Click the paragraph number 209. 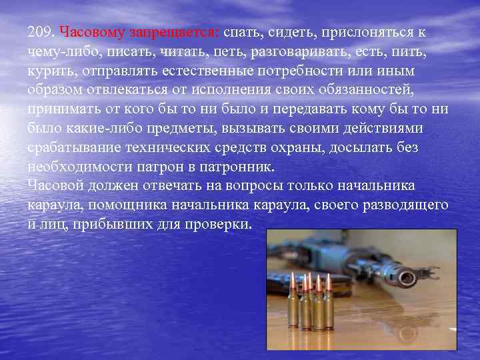point(41,32)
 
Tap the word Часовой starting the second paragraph point(55,185)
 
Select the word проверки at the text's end point(217,223)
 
